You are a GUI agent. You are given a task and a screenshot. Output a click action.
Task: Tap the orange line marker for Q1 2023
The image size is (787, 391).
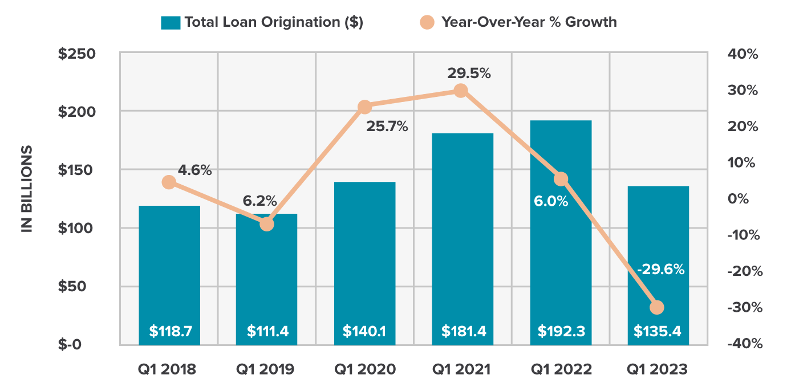coord(657,307)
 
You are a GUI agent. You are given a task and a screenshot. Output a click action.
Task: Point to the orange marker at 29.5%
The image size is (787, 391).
coord(461,91)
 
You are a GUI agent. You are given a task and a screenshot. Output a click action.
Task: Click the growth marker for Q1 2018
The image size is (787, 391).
coord(169,182)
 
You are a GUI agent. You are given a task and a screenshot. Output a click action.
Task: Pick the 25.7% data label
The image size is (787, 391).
coord(387,127)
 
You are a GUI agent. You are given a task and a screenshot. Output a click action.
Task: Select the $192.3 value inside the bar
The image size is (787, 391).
coord(561,331)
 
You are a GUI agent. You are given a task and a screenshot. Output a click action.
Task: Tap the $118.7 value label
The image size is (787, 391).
coord(169,331)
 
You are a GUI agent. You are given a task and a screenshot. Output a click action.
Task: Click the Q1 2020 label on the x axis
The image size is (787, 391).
coord(365,369)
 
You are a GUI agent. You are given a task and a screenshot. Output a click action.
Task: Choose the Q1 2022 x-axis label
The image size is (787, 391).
coord(561,369)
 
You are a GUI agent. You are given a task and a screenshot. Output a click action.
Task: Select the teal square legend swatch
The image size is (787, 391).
coord(171,22)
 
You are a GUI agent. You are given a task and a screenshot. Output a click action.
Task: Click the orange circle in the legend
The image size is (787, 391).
coord(427,22)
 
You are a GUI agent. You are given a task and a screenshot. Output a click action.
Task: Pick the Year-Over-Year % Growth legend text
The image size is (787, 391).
coord(529,22)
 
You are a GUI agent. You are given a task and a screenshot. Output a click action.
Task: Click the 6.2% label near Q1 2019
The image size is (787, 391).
coord(259,201)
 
